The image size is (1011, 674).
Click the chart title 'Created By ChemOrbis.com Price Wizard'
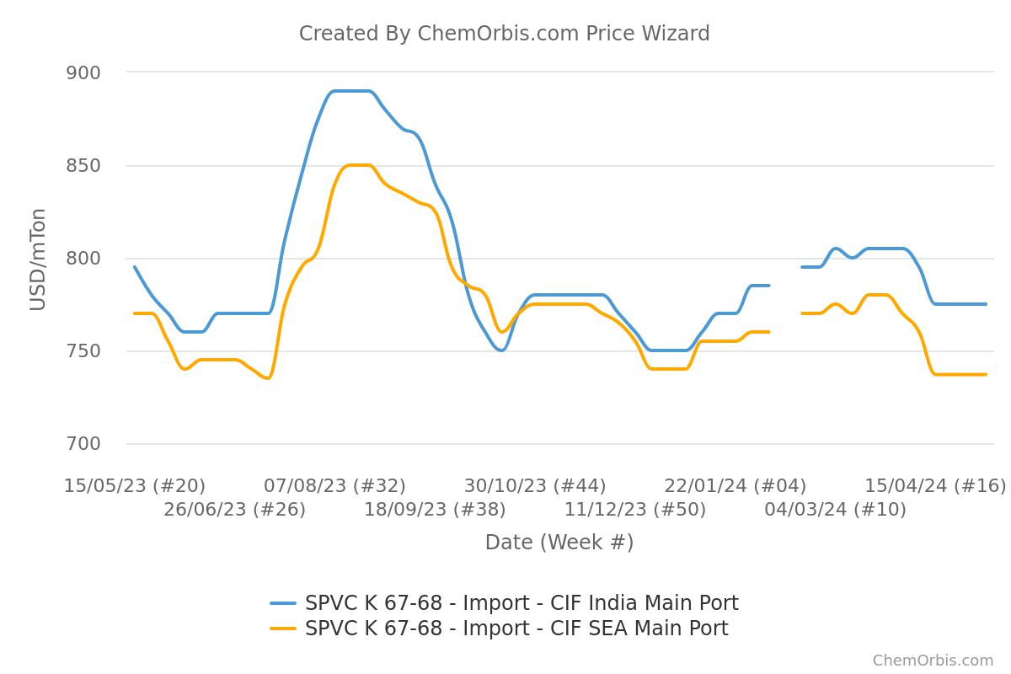pyautogui.click(x=504, y=34)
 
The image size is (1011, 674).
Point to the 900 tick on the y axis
pyautogui.click(x=83, y=73)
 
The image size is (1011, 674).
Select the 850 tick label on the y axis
pyautogui.click(x=83, y=166)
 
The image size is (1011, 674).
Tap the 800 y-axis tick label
pyautogui.click(x=83, y=259)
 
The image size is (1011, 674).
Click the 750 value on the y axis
pyautogui.click(x=83, y=351)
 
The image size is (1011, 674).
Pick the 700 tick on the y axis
pyautogui.click(x=83, y=444)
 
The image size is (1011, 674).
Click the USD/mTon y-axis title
pyautogui.click(x=38, y=259)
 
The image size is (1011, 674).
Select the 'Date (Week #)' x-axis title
pyautogui.click(x=559, y=543)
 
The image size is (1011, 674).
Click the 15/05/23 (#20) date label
pyautogui.click(x=135, y=486)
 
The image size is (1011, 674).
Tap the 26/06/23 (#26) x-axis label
pyautogui.click(x=234, y=510)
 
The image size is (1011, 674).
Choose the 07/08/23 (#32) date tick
pyautogui.click(x=334, y=486)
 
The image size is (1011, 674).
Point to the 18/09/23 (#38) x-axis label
pyautogui.click(x=435, y=510)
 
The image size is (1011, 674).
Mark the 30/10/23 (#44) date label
pyautogui.click(x=535, y=486)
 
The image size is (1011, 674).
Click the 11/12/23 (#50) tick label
pyautogui.click(x=635, y=510)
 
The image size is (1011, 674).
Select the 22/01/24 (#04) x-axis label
pyautogui.click(x=735, y=486)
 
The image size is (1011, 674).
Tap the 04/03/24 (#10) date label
pyautogui.click(x=835, y=510)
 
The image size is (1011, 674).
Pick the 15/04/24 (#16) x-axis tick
pyautogui.click(x=935, y=486)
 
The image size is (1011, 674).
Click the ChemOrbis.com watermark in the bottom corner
pyautogui.click(x=933, y=661)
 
